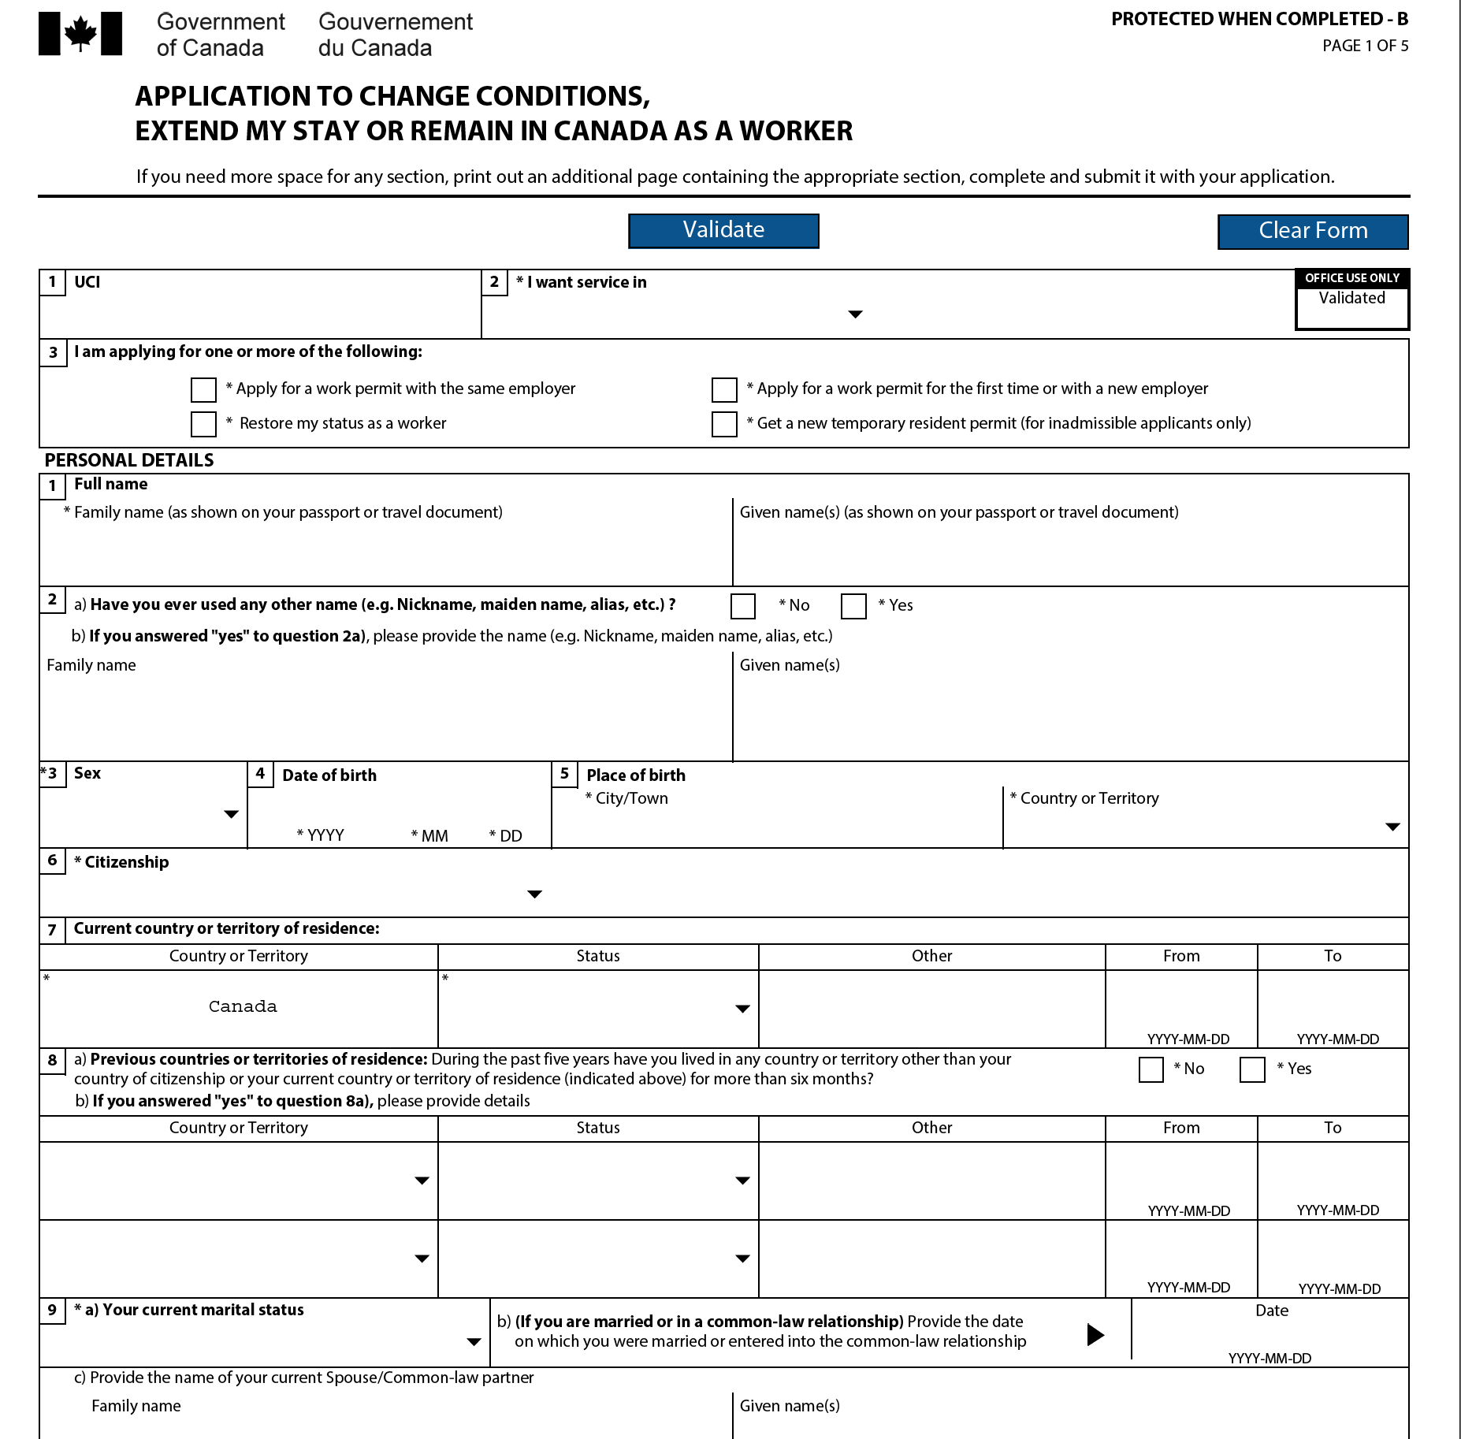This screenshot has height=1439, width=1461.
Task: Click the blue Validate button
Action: point(723,231)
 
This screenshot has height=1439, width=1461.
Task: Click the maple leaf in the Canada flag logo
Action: point(80,34)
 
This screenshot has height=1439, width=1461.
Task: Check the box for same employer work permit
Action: point(203,389)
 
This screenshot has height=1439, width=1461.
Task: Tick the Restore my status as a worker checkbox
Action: point(203,424)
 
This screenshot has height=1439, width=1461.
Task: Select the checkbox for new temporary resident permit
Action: point(724,424)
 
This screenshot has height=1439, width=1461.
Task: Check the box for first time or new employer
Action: point(724,389)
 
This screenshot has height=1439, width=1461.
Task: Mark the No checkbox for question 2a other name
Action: point(743,606)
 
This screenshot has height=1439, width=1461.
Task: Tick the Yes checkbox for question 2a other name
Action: point(853,606)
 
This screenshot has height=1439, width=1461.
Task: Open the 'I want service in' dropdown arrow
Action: point(855,314)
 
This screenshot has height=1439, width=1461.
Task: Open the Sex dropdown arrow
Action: point(231,814)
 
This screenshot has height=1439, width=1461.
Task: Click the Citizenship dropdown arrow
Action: point(534,894)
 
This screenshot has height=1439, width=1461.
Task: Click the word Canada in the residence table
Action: point(243,1006)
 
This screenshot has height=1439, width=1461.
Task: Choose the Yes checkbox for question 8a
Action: point(1252,1069)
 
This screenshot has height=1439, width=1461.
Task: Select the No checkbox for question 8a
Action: point(1151,1069)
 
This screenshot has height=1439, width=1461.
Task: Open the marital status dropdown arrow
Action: point(474,1342)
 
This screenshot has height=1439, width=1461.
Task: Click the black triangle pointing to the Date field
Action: point(1095,1334)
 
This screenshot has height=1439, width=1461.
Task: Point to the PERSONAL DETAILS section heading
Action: point(129,460)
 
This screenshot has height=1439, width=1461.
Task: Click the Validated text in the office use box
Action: point(1351,298)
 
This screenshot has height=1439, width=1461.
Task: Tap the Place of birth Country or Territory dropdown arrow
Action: point(1392,827)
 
